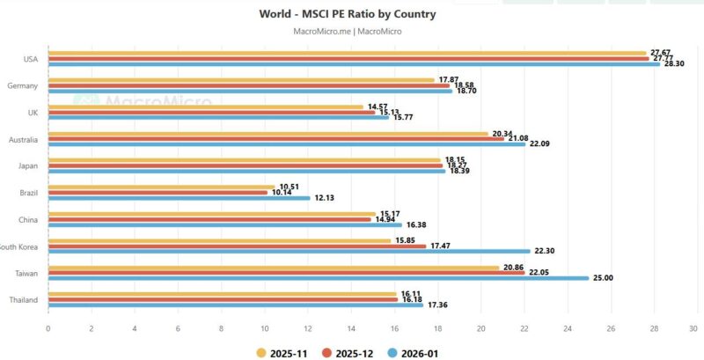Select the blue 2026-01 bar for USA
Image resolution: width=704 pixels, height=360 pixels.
(352, 63)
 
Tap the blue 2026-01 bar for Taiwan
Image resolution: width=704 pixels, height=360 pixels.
(317, 278)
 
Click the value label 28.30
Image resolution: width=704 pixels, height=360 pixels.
(673, 63)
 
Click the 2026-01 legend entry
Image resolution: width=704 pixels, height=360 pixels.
(413, 352)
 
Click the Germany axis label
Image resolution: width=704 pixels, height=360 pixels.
(22, 85)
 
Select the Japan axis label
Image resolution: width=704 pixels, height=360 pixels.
(28, 165)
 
